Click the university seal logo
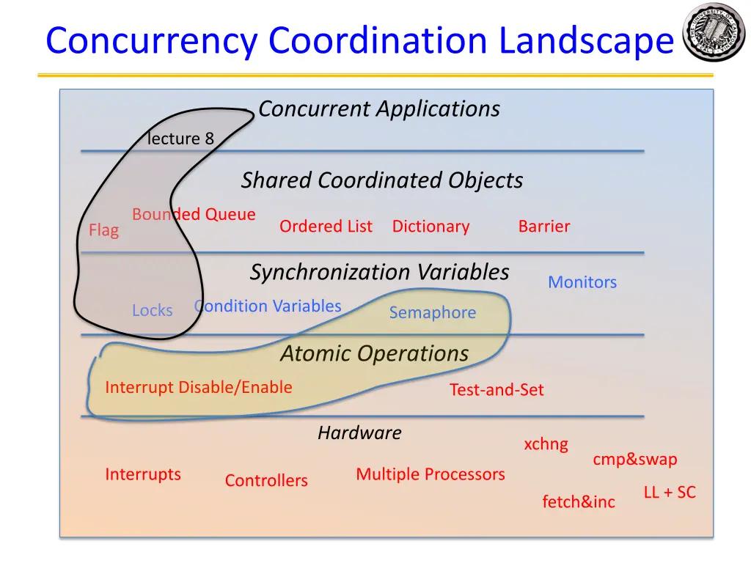point(713,33)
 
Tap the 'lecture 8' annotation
point(180,139)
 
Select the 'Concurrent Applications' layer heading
point(378,109)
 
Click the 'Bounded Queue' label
point(194,215)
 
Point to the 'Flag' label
point(103,230)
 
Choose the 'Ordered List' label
point(326,227)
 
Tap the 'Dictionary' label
point(431,227)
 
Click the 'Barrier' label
point(543,227)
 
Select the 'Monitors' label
point(582,282)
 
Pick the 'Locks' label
point(153,311)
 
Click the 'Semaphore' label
point(432,313)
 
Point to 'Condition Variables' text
point(268,306)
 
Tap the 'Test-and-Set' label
point(497,390)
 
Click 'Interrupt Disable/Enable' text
point(199,387)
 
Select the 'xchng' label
point(546,444)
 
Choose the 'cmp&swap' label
point(635,460)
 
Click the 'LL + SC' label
point(670,493)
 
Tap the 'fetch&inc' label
point(579,502)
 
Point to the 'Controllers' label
point(266,481)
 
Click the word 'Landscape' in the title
point(586,41)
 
